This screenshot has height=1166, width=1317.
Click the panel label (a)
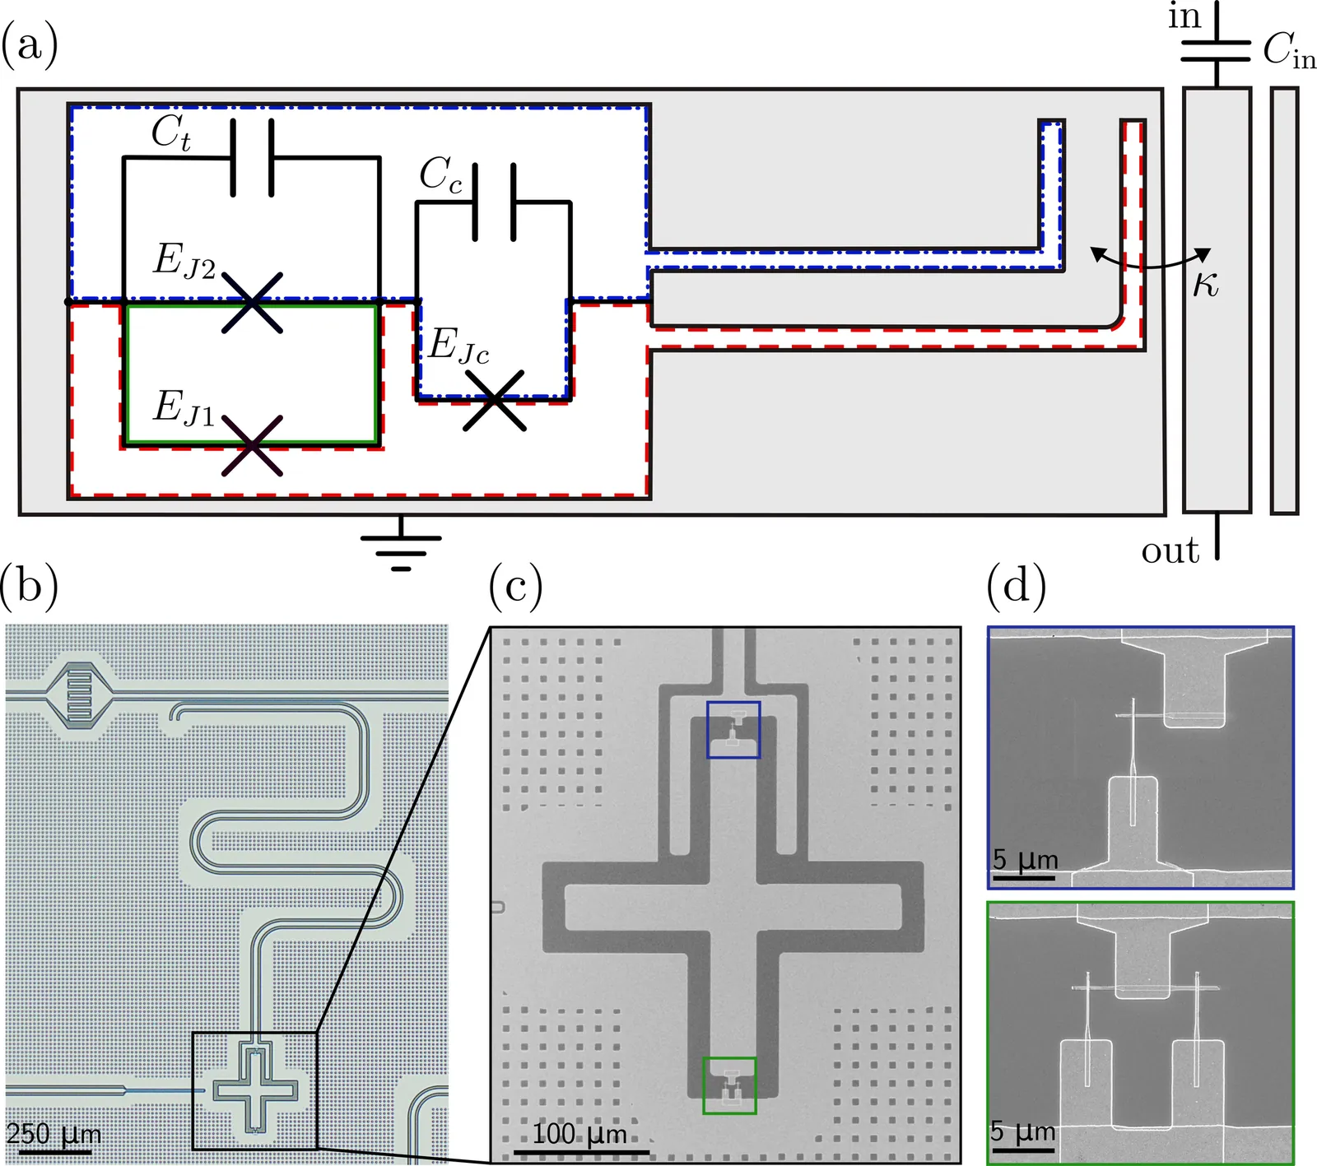point(30,44)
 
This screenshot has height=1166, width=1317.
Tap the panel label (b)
point(30,586)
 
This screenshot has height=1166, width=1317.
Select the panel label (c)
point(516,586)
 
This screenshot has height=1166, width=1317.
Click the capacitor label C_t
point(171,133)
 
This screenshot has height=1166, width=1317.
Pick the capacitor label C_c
point(440,175)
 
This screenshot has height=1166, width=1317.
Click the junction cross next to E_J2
point(252,302)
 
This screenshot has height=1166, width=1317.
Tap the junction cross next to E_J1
point(252,445)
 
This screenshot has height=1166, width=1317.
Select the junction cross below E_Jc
point(494,401)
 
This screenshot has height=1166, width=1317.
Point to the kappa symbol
point(1206,284)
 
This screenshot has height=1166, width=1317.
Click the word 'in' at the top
point(1184,16)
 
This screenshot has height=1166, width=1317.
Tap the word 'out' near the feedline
point(1170,550)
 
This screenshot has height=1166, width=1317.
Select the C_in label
point(1289,51)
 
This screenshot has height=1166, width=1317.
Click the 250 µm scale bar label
point(54,1134)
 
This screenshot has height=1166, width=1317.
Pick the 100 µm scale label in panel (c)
point(579,1134)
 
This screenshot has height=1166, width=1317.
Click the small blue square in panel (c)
point(733,729)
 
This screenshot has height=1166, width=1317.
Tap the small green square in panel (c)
point(729,1085)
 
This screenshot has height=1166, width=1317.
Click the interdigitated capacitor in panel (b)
point(80,694)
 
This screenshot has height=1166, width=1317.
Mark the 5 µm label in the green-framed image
point(1024,1131)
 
